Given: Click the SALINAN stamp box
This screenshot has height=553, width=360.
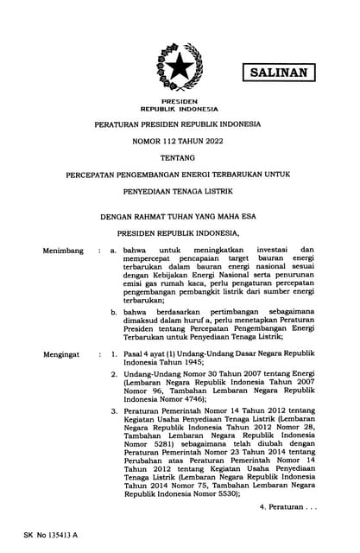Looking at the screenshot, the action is click(278, 73).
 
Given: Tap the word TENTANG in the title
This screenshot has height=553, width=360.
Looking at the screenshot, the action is click(180, 157).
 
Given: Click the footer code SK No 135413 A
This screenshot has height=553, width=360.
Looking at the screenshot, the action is click(51, 535).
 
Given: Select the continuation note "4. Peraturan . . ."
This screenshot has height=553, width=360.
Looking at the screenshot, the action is click(287, 506).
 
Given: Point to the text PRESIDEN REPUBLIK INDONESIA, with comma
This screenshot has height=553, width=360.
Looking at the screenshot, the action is click(180, 233).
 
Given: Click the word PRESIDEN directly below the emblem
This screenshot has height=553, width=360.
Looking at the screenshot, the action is click(180, 102).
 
